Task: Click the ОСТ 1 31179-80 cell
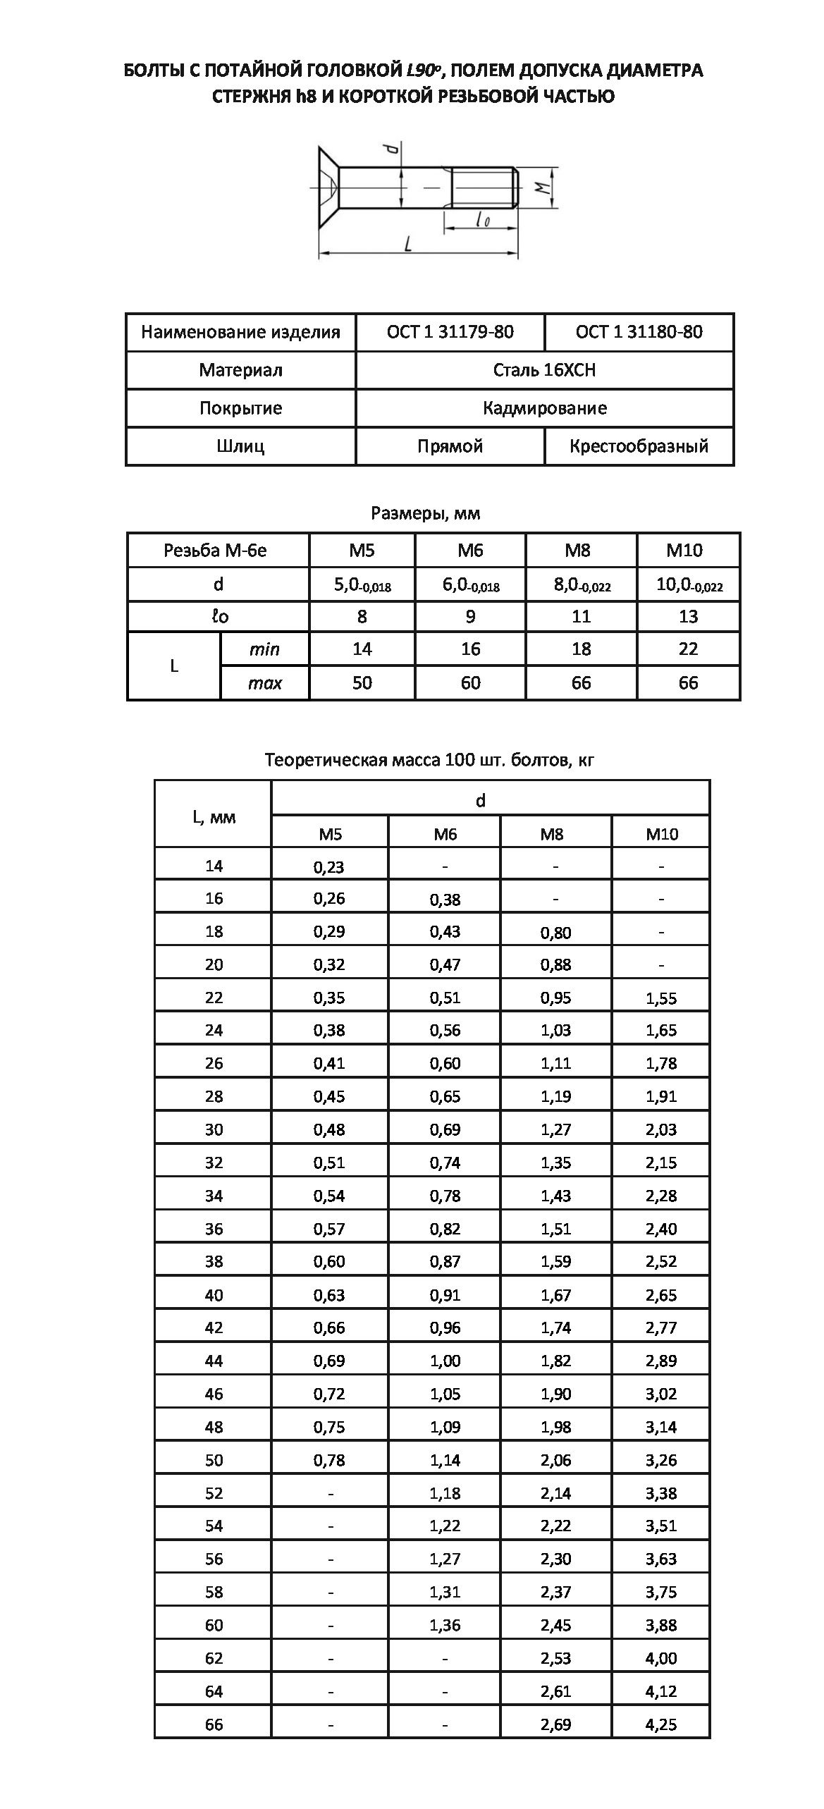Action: coord(450,332)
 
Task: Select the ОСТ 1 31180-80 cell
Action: coord(639,332)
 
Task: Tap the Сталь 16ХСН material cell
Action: coord(544,370)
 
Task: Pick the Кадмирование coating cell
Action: coord(544,408)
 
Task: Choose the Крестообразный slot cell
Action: coord(639,446)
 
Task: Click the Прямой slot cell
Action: coord(450,446)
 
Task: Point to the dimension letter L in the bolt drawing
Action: coord(407,243)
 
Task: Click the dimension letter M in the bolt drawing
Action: coord(541,188)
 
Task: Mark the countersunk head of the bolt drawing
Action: coord(328,188)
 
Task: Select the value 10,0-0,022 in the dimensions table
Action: coord(689,584)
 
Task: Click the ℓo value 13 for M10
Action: coord(688,617)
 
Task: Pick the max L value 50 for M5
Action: coord(362,682)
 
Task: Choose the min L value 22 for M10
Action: coord(688,649)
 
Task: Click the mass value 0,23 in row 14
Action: coord(329,866)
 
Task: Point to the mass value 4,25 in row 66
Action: coord(661,1724)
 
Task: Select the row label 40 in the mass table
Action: coord(214,1295)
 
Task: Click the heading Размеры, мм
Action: coord(426,513)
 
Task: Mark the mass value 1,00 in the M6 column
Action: coord(445,1361)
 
